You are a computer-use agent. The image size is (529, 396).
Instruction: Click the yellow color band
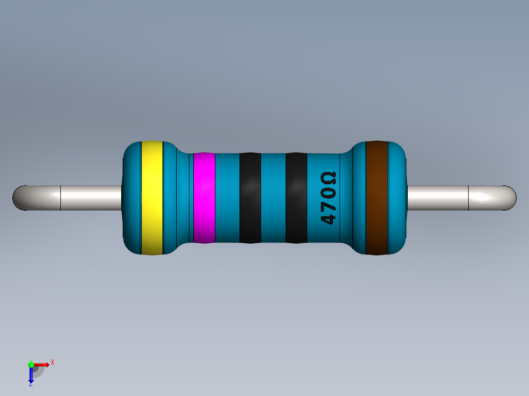[x=152, y=198]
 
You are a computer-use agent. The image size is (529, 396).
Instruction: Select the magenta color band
[x=204, y=198]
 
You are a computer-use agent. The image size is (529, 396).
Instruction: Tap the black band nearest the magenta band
[x=250, y=198]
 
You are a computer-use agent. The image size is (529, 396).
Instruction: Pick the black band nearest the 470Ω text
[x=296, y=198]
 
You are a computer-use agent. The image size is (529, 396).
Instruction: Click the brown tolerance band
[x=377, y=198]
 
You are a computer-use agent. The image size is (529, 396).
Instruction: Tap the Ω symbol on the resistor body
[x=328, y=177]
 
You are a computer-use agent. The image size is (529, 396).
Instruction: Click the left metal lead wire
[x=88, y=198]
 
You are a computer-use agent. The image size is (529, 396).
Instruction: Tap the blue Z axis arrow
[x=31, y=375]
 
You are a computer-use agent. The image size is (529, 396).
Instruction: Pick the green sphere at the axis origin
[x=31, y=364]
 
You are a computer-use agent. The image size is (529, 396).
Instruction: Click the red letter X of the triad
[x=52, y=362]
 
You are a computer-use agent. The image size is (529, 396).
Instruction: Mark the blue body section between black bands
[x=273, y=198]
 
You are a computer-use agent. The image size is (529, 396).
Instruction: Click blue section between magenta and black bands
[x=227, y=198]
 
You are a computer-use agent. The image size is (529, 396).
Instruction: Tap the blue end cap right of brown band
[x=398, y=198]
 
